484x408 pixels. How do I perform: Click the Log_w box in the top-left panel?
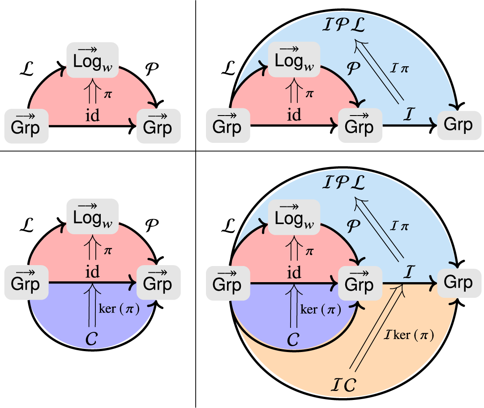pyautogui.click(x=92, y=58)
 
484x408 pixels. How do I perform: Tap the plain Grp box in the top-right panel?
pyautogui.click(x=458, y=125)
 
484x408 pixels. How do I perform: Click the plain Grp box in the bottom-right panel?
pyautogui.click(x=458, y=282)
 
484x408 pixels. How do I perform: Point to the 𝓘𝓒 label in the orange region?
pyautogui.click(x=344, y=385)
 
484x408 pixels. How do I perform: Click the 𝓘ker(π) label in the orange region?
pyautogui.click(x=408, y=335)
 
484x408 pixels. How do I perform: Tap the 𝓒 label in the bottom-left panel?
pyautogui.click(x=92, y=340)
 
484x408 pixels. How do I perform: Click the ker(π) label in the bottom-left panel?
pyautogui.click(x=116, y=309)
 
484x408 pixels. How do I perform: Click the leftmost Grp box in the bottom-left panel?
pyautogui.click(x=25, y=283)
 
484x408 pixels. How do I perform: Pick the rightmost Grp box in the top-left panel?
pyautogui.click(x=158, y=127)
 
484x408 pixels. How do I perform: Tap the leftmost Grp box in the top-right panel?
pyautogui.click(x=227, y=127)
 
